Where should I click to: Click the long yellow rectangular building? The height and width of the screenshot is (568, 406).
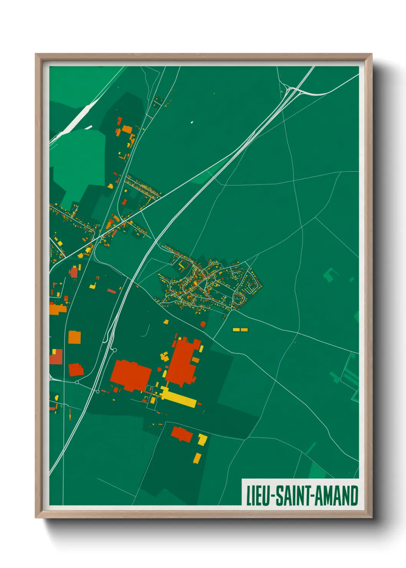(x=178, y=398)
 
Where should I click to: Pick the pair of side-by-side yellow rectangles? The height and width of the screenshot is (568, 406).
(x=240, y=329)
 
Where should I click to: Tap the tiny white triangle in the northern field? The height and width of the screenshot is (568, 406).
(x=192, y=122)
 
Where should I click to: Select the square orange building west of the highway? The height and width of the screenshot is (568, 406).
(x=74, y=337)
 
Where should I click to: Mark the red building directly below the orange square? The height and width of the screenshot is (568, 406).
(x=76, y=370)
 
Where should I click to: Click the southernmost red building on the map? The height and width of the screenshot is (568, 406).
(x=182, y=434)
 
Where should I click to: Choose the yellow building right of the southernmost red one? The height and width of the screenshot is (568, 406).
(x=202, y=439)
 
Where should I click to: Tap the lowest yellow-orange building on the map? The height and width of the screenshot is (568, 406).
(x=197, y=458)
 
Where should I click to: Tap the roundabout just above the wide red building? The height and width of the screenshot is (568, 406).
(x=114, y=350)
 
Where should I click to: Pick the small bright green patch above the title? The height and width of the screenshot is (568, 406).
(x=317, y=471)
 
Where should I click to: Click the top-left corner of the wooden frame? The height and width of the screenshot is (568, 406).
(x=36, y=55)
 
